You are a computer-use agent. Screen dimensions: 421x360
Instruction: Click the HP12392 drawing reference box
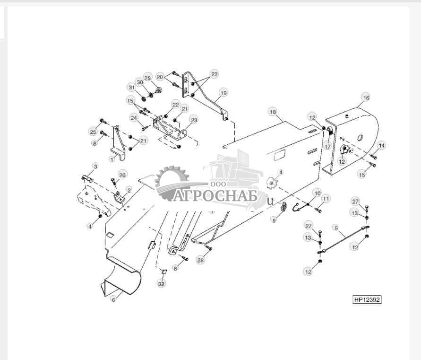(x=367, y=299)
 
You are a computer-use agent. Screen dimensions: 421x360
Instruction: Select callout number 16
(x=366, y=97)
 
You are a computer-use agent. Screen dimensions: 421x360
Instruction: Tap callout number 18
(x=273, y=112)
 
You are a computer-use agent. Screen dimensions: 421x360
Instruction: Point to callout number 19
(x=223, y=93)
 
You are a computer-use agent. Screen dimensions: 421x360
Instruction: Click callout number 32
(x=162, y=284)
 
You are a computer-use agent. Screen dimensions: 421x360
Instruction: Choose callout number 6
(x=113, y=299)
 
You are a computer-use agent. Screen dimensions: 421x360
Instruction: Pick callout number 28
(x=200, y=260)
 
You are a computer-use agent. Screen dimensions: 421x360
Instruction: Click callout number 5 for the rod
(x=336, y=228)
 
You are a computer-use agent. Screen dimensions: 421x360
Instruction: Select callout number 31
(x=131, y=88)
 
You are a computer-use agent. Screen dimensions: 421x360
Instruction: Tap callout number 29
(x=148, y=78)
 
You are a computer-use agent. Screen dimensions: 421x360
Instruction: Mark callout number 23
(x=194, y=120)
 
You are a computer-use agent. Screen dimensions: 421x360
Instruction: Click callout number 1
(x=112, y=159)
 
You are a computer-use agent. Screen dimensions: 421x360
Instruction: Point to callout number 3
(x=95, y=167)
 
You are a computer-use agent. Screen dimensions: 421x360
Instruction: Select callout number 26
(x=122, y=175)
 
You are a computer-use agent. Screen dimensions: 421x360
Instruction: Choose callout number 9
(x=274, y=220)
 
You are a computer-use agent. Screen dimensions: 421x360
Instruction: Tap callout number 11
(x=326, y=199)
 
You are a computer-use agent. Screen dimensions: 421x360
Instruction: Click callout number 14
(x=381, y=145)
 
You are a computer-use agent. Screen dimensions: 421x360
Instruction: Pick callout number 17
(x=327, y=147)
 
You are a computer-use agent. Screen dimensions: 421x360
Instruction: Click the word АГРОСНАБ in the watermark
(x=215, y=196)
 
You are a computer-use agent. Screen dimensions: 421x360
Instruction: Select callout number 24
(x=134, y=118)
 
